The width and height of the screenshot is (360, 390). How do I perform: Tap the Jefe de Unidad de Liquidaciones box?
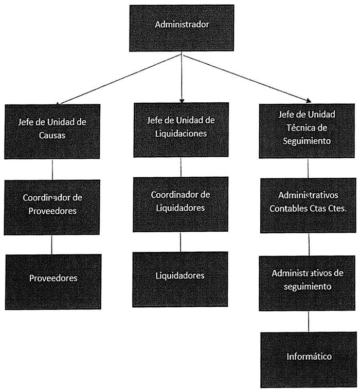[x=181, y=129]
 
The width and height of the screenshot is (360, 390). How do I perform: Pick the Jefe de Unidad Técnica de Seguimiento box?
[x=308, y=130]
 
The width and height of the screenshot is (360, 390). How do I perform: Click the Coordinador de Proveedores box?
[x=52, y=207]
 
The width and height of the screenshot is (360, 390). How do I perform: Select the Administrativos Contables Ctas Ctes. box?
[x=308, y=205]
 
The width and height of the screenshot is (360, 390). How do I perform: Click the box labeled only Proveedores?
[x=53, y=281]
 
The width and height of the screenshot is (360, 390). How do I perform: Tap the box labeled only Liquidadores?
[x=180, y=279]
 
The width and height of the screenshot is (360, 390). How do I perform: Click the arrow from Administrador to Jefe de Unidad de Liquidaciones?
[x=181, y=77]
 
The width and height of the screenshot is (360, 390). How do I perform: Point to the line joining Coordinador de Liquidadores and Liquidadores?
[x=180, y=242]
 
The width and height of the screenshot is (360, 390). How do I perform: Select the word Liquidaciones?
[x=181, y=133]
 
